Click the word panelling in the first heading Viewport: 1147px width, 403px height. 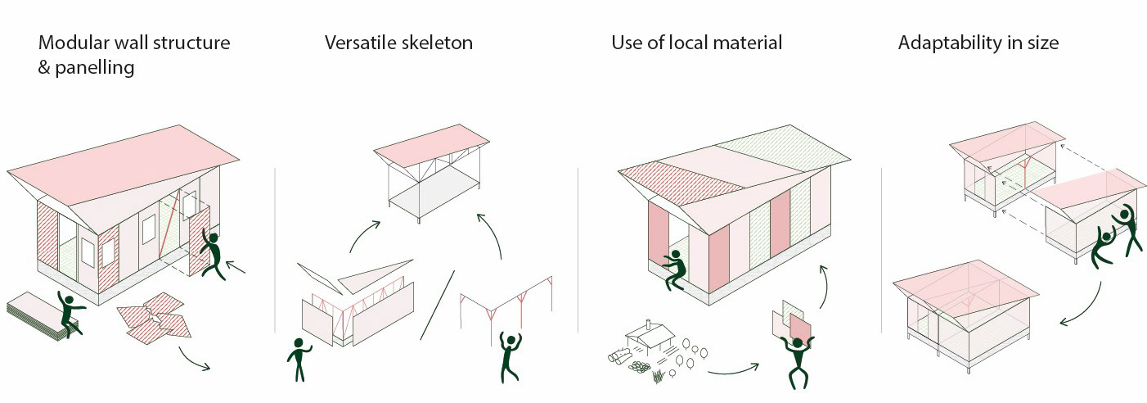tap(95, 68)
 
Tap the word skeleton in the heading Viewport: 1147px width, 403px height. tap(437, 43)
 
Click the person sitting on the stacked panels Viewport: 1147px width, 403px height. tap(70, 313)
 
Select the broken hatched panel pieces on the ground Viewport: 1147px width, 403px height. tap(154, 318)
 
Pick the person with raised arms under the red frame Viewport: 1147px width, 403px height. tap(510, 357)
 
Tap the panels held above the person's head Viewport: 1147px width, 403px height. tap(792, 320)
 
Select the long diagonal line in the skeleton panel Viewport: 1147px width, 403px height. tap(438, 305)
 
